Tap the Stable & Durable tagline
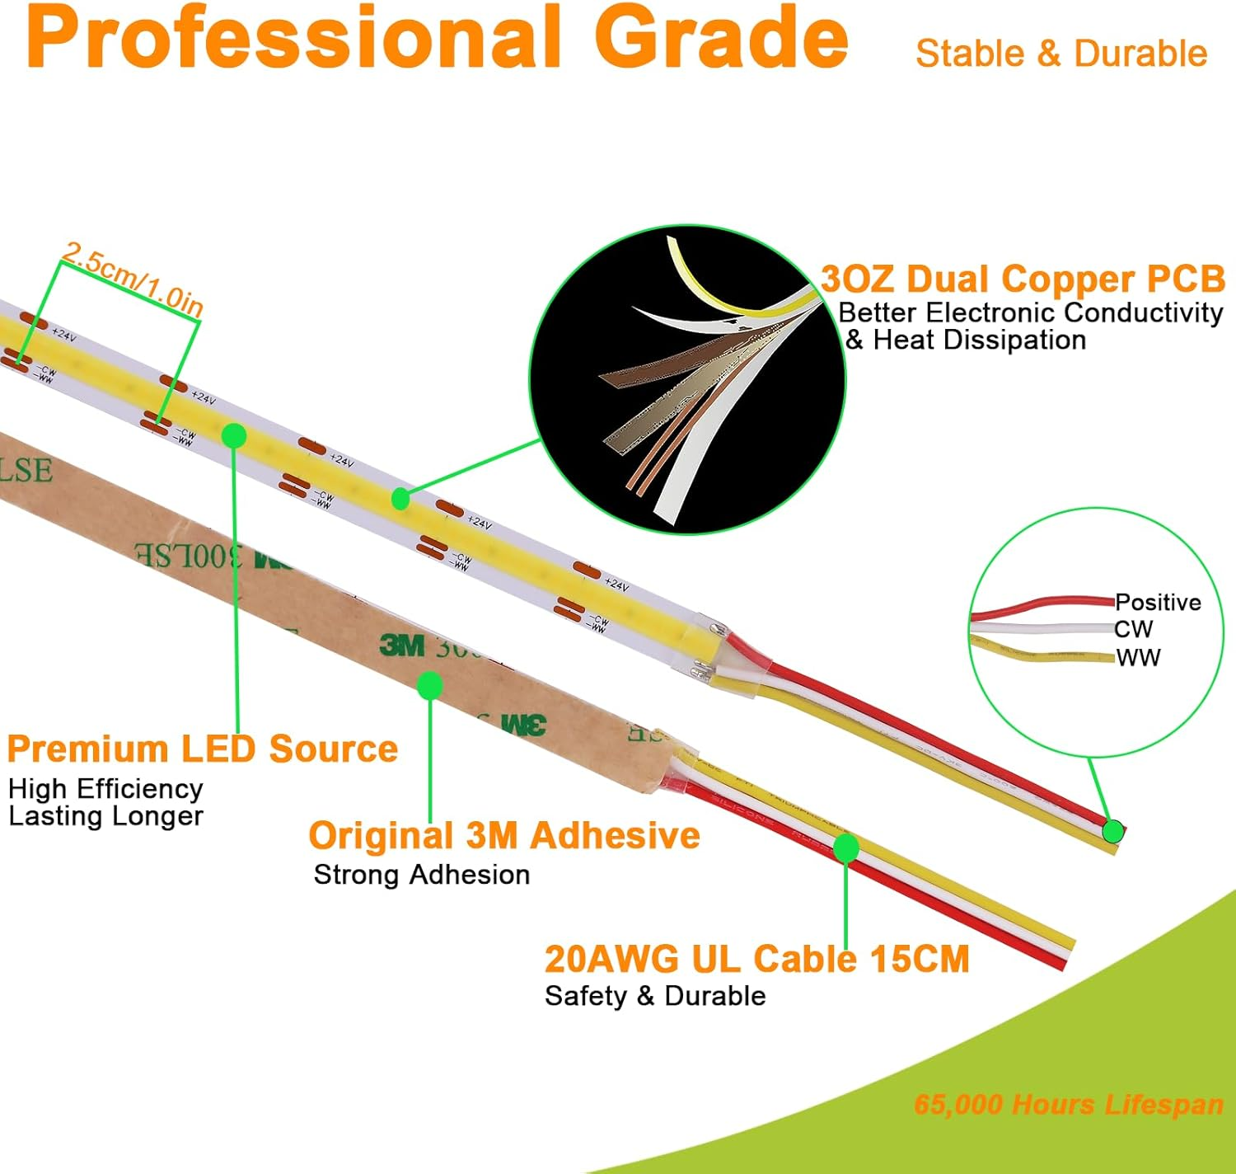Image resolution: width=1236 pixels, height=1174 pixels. (x=1061, y=54)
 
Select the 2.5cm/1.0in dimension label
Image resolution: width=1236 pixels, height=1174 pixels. (x=132, y=279)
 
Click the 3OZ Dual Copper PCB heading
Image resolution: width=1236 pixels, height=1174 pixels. (x=1023, y=279)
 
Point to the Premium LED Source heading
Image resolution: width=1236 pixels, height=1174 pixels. (x=202, y=749)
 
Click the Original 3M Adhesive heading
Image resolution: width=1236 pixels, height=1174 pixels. (x=504, y=835)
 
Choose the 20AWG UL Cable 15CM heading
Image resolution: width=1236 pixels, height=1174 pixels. (x=756, y=959)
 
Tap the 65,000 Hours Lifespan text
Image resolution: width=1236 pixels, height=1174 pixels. (x=1069, y=1104)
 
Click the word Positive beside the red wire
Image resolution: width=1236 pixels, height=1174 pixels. (x=1158, y=602)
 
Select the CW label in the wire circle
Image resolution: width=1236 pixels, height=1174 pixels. (x=1133, y=629)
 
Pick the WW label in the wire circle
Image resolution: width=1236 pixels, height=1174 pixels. (x=1138, y=657)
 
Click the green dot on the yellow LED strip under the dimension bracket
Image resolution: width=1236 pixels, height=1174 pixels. (x=235, y=435)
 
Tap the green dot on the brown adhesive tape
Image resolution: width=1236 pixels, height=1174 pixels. (x=429, y=684)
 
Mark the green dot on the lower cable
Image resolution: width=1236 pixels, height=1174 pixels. (x=846, y=847)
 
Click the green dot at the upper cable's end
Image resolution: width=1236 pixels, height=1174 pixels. (x=1112, y=831)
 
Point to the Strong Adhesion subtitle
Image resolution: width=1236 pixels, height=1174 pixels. (x=422, y=874)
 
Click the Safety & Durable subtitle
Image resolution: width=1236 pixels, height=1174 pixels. (x=655, y=995)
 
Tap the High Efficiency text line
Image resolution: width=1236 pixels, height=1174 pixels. (x=105, y=788)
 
